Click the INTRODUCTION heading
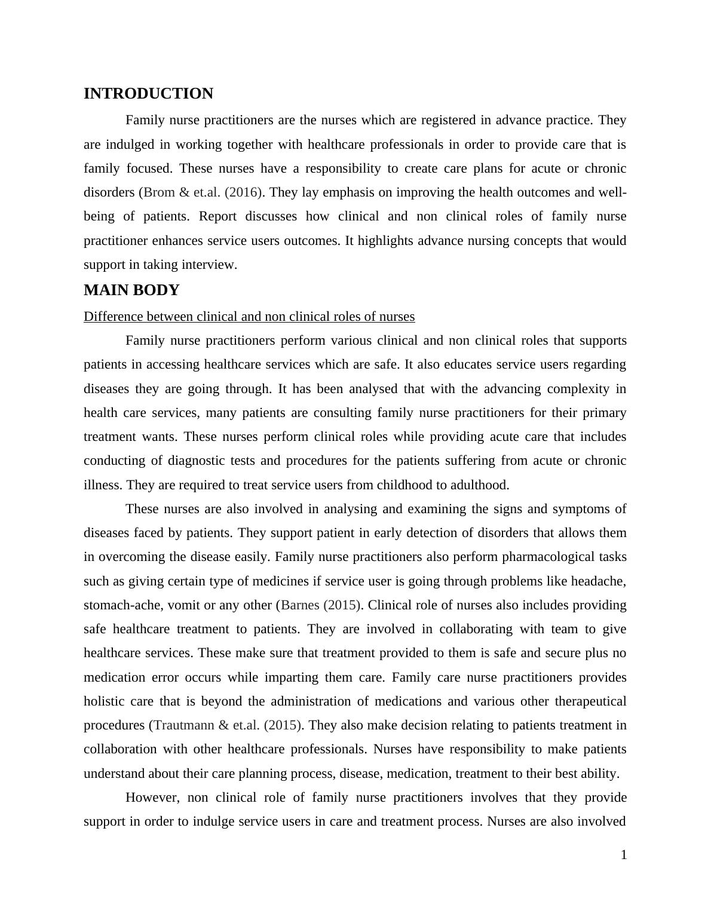tap(148, 94)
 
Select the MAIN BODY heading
tap(131, 290)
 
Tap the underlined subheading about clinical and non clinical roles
tap(249, 317)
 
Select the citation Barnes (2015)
tap(320, 605)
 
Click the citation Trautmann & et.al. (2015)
tap(226, 725)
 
